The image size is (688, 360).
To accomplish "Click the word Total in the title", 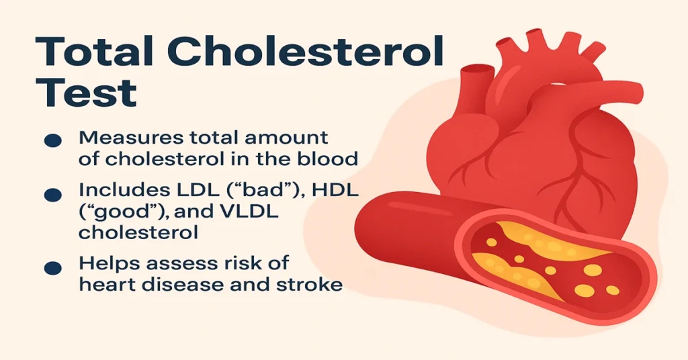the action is pos(94,52).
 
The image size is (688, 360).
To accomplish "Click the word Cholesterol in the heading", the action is pos(306,52).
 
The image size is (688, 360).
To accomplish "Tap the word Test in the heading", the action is pos(86,93).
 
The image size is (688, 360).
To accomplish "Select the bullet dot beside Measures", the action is pos(53,140).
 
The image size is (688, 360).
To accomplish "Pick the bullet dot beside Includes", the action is pos(53,195).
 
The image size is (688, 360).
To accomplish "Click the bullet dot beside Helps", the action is pos(53,268).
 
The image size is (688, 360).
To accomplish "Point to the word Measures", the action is pos(131,138).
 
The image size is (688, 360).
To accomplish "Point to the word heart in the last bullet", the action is pos(103,285).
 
